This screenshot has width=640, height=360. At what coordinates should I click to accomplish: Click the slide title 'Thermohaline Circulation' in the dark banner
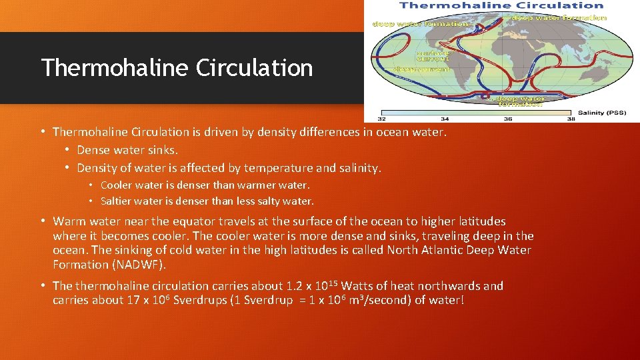pyautogui.click(x=177, y=68)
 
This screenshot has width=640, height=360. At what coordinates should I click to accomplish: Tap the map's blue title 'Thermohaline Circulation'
pyautogui.click(x=501, y=5)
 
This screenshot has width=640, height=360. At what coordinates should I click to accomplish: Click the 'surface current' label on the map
pyautogui.click(x=433, y=56)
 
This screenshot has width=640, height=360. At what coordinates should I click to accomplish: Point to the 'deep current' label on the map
pyautogui.click(x=421, y=69)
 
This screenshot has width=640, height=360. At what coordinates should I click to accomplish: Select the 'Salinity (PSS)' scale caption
pyautogui.click(x=601, y=113)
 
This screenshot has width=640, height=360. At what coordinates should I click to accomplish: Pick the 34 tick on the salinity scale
pyautogui.click(x=445, y=119)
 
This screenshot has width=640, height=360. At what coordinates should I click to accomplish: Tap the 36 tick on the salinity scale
pyautogui.click(x=509, y=119)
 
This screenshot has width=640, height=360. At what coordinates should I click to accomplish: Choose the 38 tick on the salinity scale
pyautogui.click(x=571, y=119)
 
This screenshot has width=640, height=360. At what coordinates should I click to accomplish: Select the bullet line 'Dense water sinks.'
pyautogui.click(x=127, y=150)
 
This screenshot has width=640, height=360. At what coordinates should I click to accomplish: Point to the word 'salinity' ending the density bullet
pyautogui.click(x=358, y=168)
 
